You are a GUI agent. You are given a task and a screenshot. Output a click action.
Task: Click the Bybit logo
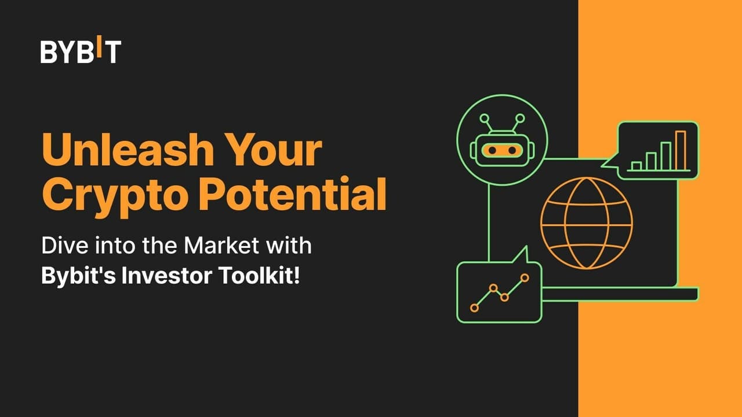point(81,51)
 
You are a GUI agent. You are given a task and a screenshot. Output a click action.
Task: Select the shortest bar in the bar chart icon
point(636,166)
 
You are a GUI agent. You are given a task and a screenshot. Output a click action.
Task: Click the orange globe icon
point(587,223)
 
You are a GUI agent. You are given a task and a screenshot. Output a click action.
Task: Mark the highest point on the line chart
point(525,278)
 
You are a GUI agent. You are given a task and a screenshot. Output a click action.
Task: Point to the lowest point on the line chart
point(474,308)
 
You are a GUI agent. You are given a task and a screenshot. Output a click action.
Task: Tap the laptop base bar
point(620,295)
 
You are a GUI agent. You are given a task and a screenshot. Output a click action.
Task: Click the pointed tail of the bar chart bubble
point(605,163)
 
